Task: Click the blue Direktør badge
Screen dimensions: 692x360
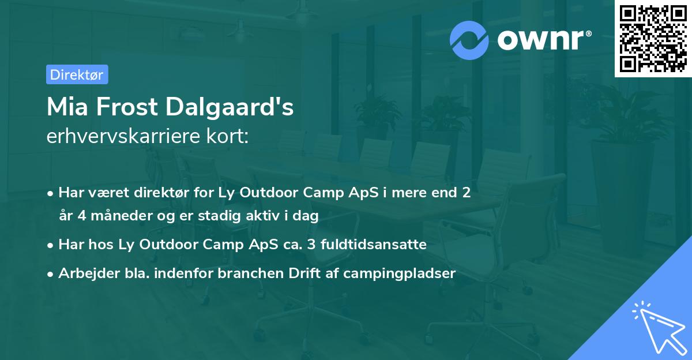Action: click(x=77, y=74)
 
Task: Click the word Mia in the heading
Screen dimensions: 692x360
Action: click(x=67, y=107)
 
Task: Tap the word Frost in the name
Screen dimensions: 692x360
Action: click(x=127, y=107)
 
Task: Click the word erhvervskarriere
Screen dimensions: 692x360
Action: click(x=123, y=136)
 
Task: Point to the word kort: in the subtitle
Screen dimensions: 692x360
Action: click(x=228, y=136)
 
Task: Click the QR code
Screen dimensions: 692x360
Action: click(x=653, y=38)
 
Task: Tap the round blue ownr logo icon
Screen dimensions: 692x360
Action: click(x=469, y=40)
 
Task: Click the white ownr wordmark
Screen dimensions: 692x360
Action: click(x=541, y=40)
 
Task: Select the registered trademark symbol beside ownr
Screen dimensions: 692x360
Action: click(x=589, y=33)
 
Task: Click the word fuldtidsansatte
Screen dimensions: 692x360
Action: click(x=374, y=245)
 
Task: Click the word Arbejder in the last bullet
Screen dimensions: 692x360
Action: click(x=89, y=273)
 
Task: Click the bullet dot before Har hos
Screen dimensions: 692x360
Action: click(x=50, y=246)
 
